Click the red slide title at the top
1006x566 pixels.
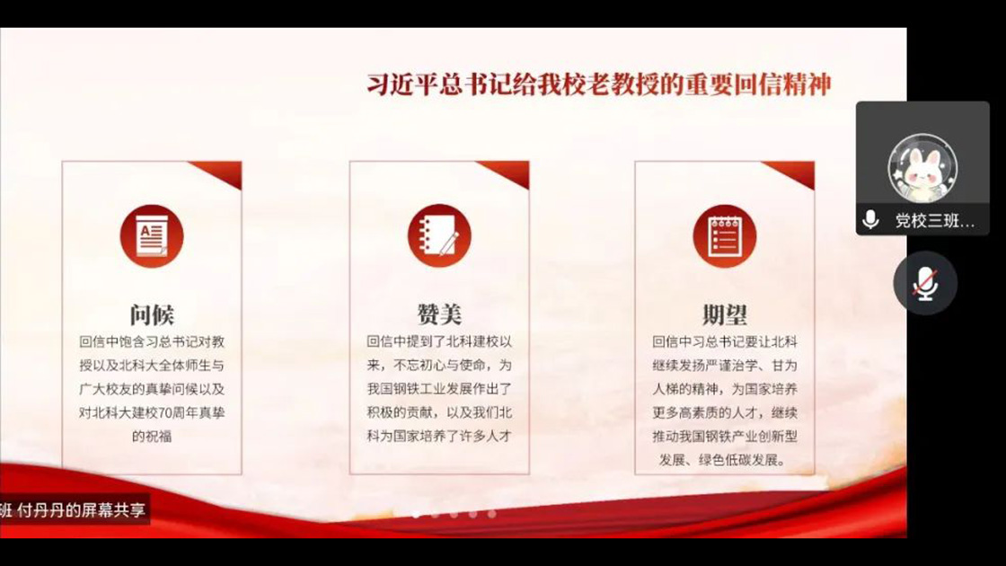click(599, 84)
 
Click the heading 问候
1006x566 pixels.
click(152, 314)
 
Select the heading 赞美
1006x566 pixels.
click(439, 314)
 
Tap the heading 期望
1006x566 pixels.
click(725, 314)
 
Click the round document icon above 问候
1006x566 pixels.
click(152, 235)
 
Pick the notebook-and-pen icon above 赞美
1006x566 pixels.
click(439, 235)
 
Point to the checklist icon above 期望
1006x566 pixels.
click(725, 235)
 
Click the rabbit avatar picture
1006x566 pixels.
click(922, 168)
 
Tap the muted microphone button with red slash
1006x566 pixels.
click(925, 283)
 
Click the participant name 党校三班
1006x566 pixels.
click(935, 221)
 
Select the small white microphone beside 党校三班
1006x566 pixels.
click(870, 220)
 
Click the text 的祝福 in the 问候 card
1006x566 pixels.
click(152, 437)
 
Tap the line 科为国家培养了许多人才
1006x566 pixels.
click(439, 436)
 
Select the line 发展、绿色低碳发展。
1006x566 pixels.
click(723, 459)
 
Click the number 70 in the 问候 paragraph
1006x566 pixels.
click(165, 412)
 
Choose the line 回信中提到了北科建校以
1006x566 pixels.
click(439, 341)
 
